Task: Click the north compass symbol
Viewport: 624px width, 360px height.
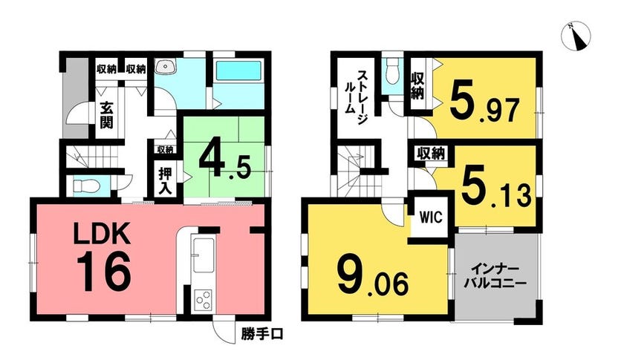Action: coord(576,36)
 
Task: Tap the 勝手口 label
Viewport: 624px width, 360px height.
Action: coord(261,335)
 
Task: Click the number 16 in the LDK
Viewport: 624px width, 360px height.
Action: coord(104,273)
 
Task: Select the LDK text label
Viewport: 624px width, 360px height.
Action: coord(102,234)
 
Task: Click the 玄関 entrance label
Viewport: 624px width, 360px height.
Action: coord(106,115)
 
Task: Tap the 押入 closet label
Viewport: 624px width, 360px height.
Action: coord(165,181)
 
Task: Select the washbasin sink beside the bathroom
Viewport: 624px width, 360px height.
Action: coord(165,68)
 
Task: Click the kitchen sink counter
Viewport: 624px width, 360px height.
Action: coord(203,255)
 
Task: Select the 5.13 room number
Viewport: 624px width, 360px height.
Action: coord(496,191)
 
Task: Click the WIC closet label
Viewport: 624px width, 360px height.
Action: coord(432,217)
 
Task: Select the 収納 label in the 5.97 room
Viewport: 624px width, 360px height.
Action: coord(417,85)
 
